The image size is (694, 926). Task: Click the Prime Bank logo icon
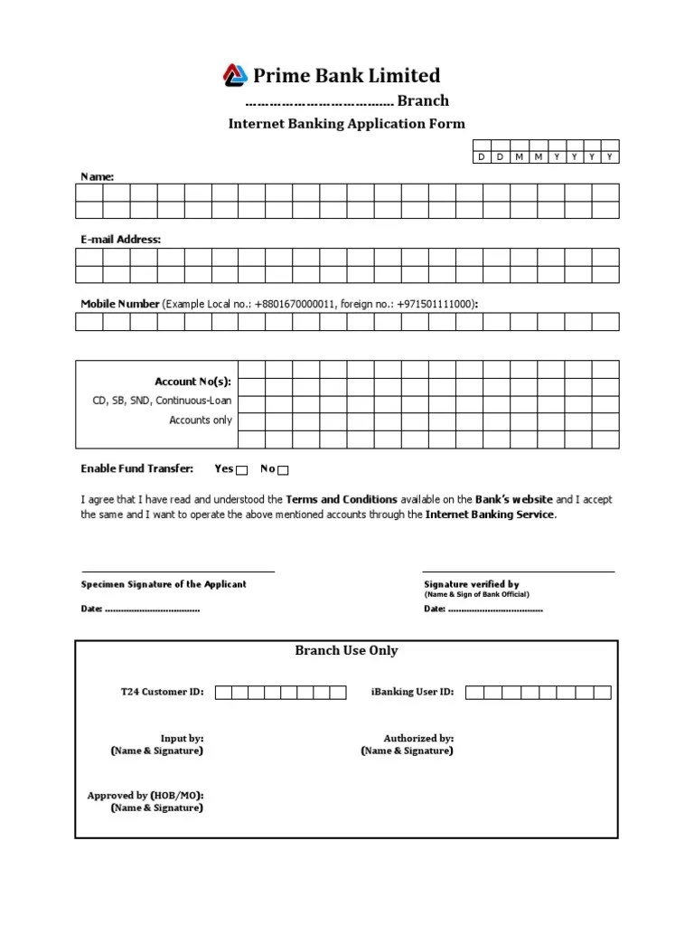coord(236,75)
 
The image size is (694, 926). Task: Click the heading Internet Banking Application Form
coord(346,124)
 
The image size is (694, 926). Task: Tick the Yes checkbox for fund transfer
coord(241,470)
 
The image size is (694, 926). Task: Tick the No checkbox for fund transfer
coord(283,470)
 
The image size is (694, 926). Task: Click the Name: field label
coord(98,177)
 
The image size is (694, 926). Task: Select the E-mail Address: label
coord(121,240)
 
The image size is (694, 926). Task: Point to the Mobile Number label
coord(120,304)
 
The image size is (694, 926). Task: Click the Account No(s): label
coord(193,382)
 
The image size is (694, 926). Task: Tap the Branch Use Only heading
coord(346,651)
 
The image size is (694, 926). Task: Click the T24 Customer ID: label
coord(163,693)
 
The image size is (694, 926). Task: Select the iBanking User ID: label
coord(412,693)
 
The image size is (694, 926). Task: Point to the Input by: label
coord(182,739)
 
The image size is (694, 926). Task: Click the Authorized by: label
coord(418,739)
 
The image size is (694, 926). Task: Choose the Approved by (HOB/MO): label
coord(145,796)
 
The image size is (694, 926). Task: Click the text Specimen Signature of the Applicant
coord(164,584)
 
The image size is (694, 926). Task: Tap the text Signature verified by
coord(472,585)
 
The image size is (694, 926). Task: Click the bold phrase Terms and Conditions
coord(342,499)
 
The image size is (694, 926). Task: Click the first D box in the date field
coord(482,156)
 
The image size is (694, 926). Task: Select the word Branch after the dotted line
coord(423,101)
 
